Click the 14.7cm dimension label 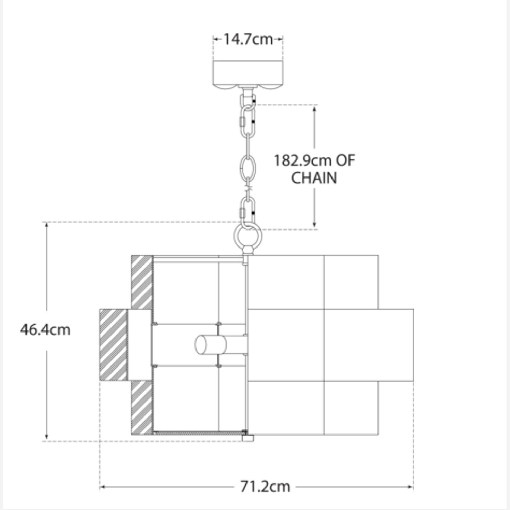(x=248, y=39)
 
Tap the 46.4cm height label (x=45, y=330)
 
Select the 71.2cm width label (x=265, y=487)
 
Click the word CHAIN (x=314, y=178)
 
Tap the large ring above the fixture (x=248, y=236)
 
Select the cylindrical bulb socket (x=211, y=345)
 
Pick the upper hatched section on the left (x=142, y=282)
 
